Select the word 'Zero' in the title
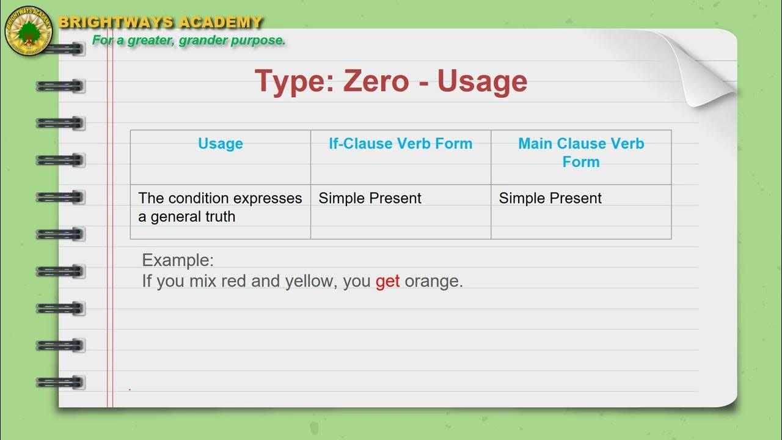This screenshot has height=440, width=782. pos(376,81)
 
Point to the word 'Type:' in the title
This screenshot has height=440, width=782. pos(294,81)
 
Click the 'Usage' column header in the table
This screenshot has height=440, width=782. pos(221,144)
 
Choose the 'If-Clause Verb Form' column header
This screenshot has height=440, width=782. pos(401,144)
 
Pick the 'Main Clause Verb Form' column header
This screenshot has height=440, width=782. pos(581,152)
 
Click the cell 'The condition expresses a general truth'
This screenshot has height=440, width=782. pos(220,207)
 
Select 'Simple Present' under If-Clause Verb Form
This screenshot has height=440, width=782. pos(370,198)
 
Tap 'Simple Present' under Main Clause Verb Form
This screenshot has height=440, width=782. pos(550,198)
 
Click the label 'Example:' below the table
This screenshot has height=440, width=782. pos(178,260)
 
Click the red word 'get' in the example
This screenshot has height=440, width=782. pos(387,281)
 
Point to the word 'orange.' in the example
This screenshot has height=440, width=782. pos(434,281)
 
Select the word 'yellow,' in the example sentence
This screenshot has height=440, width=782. pos(309,281)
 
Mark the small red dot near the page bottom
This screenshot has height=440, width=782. pos(130,389)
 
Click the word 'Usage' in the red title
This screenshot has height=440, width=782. pos(482,81)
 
